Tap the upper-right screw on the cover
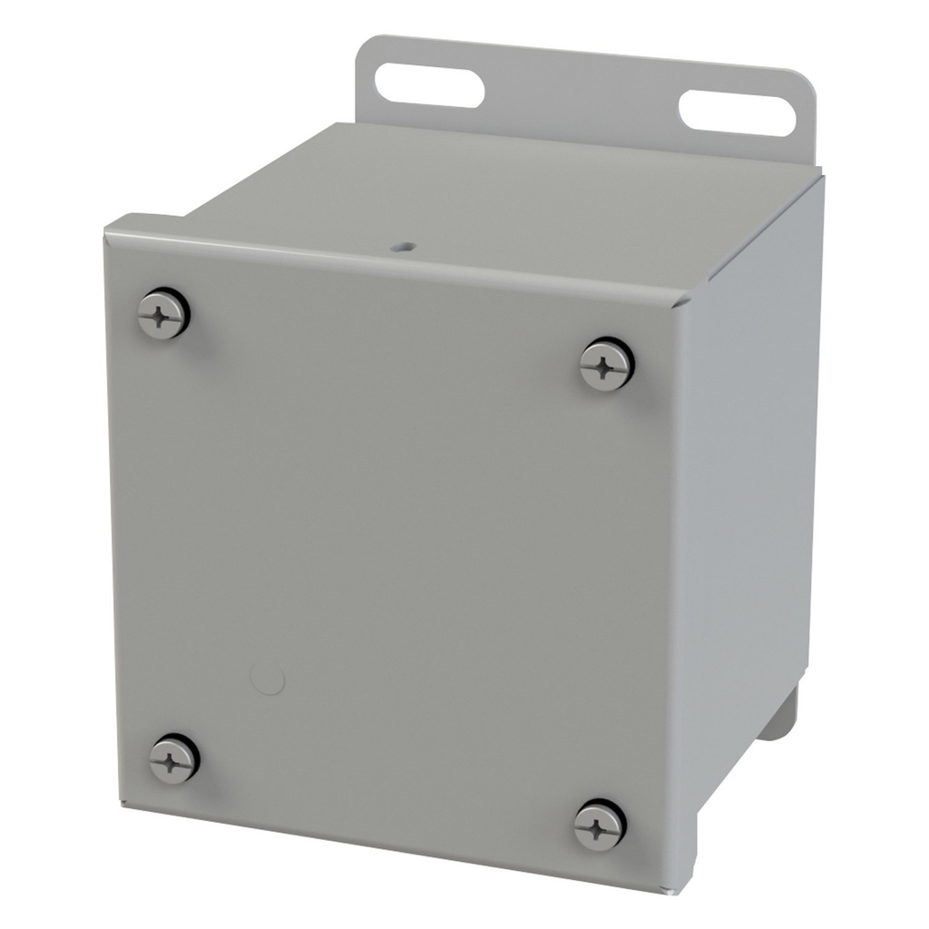click(606, 365)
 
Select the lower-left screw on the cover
click(174, 758)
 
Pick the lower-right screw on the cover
click(600, 826)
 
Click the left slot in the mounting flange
click(428, 83)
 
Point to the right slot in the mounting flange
click(737, 113)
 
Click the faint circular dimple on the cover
click(268, 678)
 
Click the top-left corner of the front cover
click(107, 227)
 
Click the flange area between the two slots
click(581, 91)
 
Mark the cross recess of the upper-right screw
click(606, 366)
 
